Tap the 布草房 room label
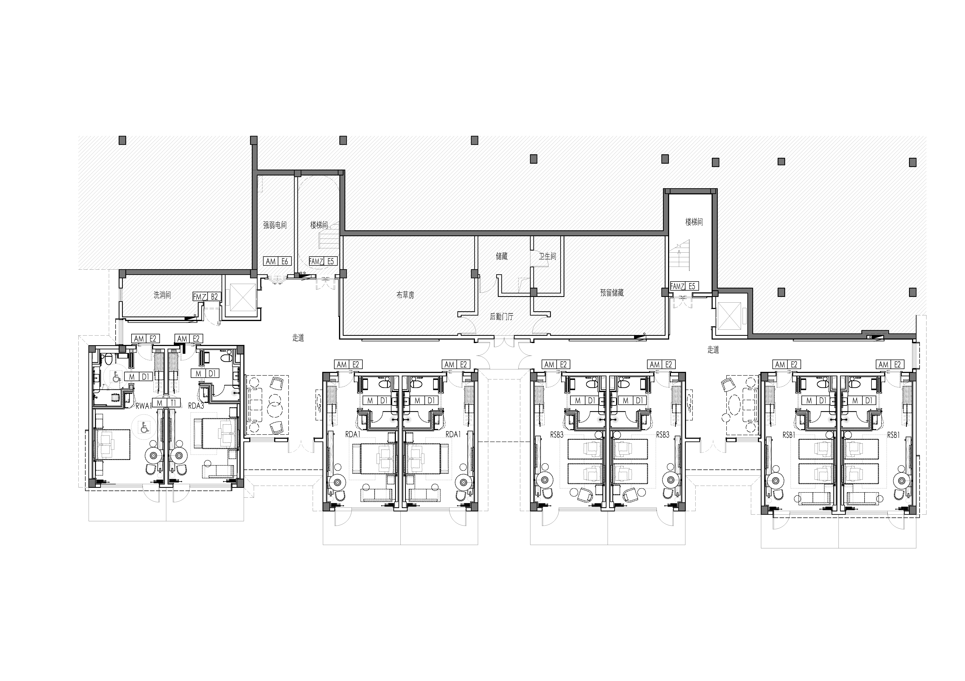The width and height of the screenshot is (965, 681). click(405, 295)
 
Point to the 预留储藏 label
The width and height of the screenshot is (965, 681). click(612, 293)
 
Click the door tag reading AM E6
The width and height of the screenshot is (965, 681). click(277, 261)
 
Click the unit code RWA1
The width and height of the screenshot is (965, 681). click(144, 406)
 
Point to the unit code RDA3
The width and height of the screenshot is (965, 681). click(196, 406)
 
